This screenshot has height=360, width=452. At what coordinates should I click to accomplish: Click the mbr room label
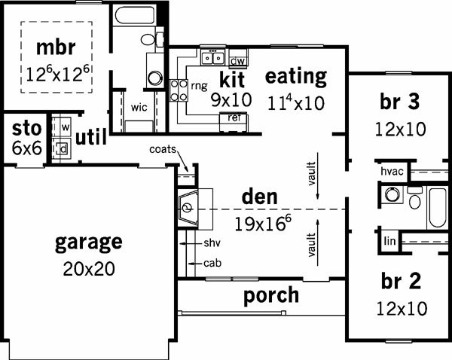point(56,47)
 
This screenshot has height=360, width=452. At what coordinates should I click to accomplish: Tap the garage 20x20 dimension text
point(89,269)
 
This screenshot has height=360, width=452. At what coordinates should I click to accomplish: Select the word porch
point(271,295)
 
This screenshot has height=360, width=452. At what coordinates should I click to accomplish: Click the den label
point(260,197)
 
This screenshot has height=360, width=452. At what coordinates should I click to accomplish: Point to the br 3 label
point(400,102)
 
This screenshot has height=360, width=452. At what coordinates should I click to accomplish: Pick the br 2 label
point(401,281)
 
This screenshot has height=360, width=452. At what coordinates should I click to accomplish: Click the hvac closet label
point(392,171)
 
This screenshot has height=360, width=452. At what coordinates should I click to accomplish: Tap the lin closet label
point(389,241)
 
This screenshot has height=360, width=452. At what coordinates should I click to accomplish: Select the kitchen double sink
point(213,58)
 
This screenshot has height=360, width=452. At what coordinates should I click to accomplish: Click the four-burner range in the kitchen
point(179,90)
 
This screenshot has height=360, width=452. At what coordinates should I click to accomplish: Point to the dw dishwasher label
point(238,61)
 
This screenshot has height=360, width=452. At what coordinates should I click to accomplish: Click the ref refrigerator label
point(234,117)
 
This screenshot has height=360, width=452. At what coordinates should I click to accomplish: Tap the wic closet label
point(139,108)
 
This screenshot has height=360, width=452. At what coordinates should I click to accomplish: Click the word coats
point(163,149)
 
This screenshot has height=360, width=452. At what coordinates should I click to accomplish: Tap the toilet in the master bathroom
point(152,39)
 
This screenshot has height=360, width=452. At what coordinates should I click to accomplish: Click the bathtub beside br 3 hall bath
point(438,207)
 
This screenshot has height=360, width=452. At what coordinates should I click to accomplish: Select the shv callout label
point(212,243)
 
